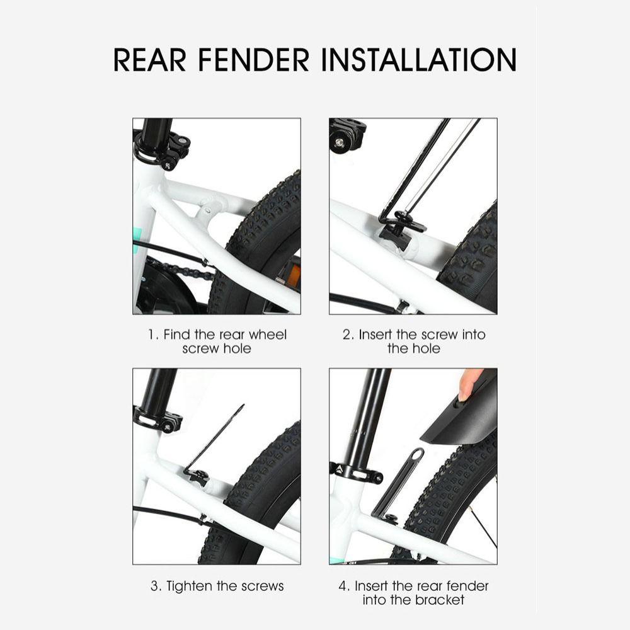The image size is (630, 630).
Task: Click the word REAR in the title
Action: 149,60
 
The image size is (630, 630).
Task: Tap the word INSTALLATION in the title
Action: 419,60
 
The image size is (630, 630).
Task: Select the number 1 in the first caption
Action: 151,335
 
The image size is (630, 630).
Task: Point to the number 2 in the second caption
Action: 347,335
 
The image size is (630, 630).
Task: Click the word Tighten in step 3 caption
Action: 190,586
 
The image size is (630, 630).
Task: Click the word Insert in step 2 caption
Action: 375,335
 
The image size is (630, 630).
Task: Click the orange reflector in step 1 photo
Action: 295,274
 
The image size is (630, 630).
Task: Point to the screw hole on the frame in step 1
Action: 207,210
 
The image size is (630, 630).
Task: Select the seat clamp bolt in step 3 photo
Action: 167,427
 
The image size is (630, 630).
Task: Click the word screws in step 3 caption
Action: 262,586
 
